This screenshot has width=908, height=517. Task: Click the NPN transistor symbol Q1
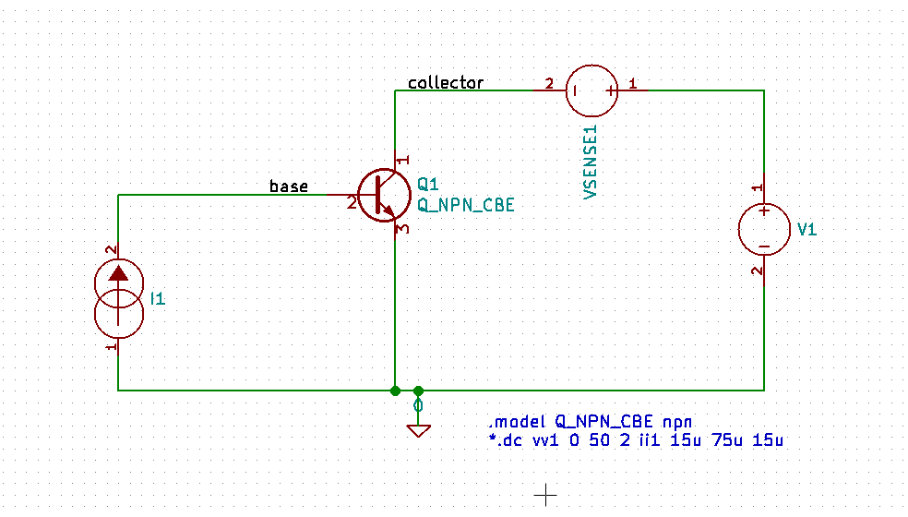[x=383, y=195]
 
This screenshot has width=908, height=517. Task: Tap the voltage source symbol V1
[x=764, y=230]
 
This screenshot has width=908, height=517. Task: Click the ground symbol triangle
[x=418, y=429]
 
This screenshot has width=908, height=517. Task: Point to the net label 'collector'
[x=446, y=83]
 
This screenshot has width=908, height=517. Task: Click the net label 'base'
[x=288, y=186]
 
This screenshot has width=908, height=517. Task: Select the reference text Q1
[x=429, y=183]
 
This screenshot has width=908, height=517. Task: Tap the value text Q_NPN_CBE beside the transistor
[x=466, y=205]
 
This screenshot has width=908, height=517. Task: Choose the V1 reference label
[x=806, y=230]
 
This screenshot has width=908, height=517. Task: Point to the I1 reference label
[x=157, y=298]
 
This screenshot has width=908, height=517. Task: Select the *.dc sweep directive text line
[x=636, y=440]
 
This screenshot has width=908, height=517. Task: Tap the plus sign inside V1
[x=764, y=212]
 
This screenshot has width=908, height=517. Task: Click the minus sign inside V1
[x=764, y=246]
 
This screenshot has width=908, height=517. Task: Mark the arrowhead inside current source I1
[x=119, y=273]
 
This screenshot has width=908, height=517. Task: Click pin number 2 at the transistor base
[x=352, y=203]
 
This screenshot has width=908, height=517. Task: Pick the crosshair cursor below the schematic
[x=545, y=496]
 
